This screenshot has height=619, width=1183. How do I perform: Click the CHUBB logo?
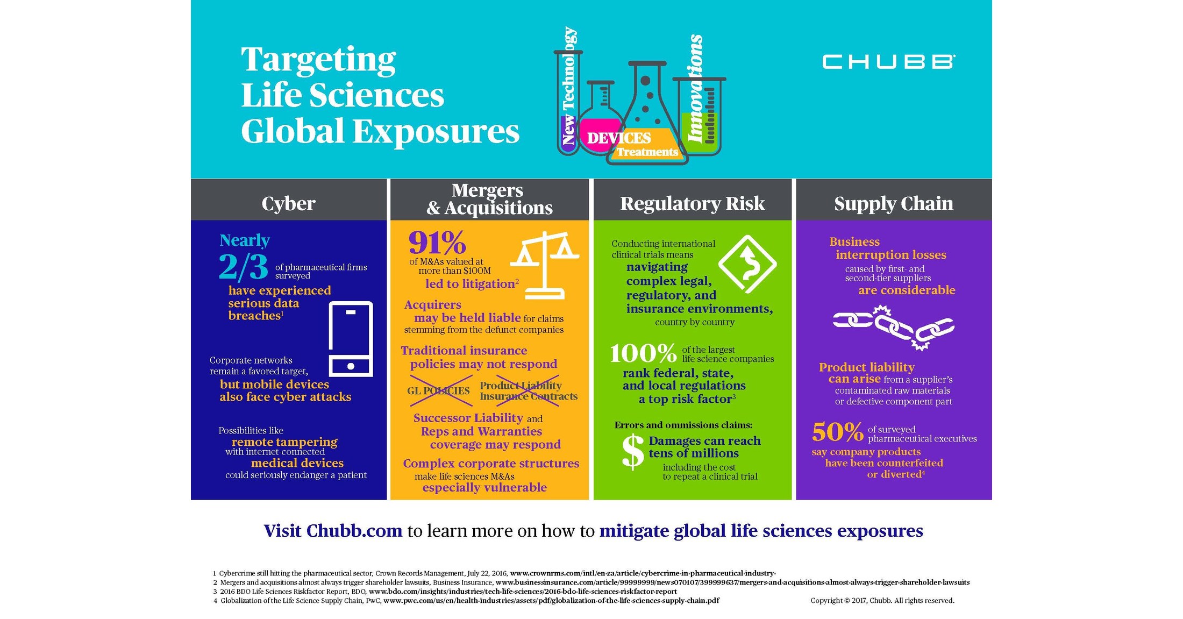888,62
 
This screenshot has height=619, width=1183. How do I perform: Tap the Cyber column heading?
288,203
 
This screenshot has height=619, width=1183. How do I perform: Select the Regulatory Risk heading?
692,203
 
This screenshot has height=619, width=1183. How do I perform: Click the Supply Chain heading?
893,203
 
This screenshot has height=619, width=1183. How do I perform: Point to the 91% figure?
437,243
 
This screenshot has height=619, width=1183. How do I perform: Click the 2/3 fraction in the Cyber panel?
243,267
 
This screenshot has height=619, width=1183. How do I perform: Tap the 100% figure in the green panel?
643,354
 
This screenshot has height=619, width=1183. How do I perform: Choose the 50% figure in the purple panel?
837,432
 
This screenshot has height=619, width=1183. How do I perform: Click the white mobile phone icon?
351,339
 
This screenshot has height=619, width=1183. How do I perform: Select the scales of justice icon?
545,265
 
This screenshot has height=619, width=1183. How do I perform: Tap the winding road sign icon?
747,264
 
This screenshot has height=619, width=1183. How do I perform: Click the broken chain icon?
893,326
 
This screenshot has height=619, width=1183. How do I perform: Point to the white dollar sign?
632,452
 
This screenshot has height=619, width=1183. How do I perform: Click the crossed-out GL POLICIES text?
438,391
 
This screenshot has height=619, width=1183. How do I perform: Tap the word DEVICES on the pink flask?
618,138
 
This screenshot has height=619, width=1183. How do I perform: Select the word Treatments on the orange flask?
647,152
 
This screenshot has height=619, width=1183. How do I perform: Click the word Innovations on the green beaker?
695,89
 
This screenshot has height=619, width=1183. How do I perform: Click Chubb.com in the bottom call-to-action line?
354,531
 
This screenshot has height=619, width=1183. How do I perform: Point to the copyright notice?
882,600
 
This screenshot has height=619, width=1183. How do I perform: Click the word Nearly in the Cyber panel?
245,240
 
